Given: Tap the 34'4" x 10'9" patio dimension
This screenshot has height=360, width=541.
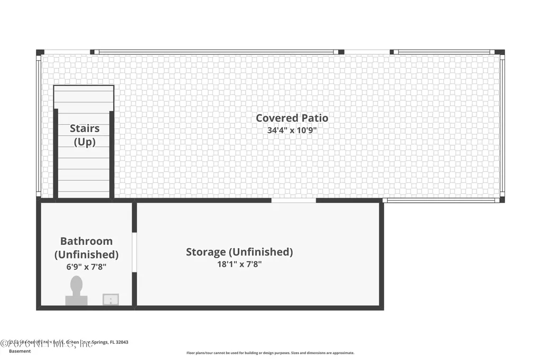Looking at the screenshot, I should click(x=292, y=130).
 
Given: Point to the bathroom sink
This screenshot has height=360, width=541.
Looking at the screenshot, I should click(x=110, y=299).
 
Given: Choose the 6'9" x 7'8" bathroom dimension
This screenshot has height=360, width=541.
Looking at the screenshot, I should click(x=86, y=267).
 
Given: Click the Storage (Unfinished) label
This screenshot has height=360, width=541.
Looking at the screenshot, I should click(x=239, y=252).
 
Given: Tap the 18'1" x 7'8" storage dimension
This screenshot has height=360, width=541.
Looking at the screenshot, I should click(x=239, y=264).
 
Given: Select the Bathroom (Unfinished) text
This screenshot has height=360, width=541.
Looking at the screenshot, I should click(x=86, y=248).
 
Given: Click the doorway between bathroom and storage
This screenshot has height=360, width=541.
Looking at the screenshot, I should click(x=134, y=252).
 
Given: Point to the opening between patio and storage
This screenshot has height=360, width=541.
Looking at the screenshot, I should click(x=294, y=201).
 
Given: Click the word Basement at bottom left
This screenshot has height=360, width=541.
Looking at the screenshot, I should click(x=20, y=351).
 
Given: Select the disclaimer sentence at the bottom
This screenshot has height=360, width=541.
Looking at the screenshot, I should click(x=270, y=353).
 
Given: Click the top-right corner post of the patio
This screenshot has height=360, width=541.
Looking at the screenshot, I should click(x=500, y=52).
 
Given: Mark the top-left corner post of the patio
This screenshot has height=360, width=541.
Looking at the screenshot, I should click(x=40, y=52).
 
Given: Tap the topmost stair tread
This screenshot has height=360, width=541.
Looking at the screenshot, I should click(x=83, y=91).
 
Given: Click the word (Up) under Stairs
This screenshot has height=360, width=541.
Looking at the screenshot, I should click(x=85, y=141).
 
